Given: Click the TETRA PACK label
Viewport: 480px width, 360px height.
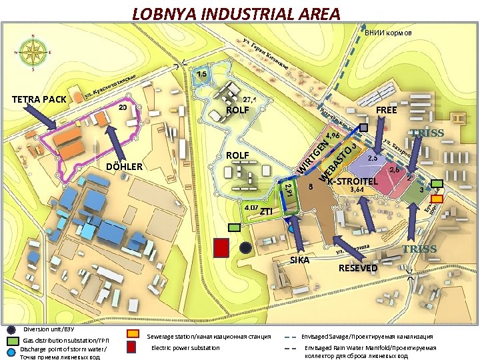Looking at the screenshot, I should pos(39,100).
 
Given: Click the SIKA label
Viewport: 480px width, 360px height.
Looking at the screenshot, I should pos(299,259).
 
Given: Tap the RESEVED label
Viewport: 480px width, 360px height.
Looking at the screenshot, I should pos(358,268).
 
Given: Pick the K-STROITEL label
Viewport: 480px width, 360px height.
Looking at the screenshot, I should pos(353,181).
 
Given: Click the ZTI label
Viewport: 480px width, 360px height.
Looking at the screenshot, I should pos(266,211).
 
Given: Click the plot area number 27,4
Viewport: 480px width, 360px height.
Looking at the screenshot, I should pos(251,99).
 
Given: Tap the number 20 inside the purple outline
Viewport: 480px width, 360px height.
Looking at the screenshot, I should pos(123,107).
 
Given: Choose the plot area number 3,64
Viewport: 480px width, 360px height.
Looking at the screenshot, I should pos(357,189).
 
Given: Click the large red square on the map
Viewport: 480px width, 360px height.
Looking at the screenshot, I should pos(221,247).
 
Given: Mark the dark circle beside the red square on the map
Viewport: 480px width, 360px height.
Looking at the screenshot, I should pos(245,247).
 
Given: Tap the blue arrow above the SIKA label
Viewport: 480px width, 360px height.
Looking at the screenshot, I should pos(297,233).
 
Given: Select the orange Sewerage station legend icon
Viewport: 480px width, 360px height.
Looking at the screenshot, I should pos(133,333).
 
